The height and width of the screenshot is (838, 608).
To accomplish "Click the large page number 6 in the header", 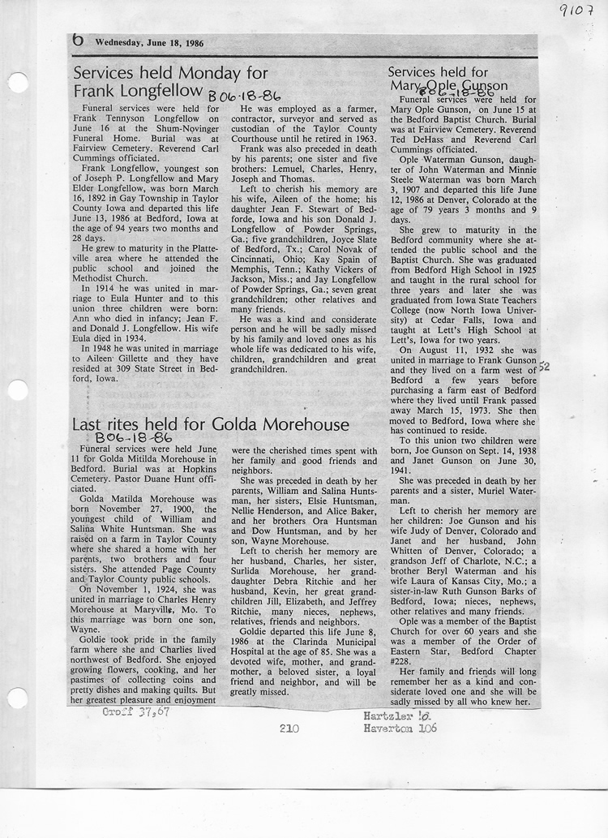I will (79, 40).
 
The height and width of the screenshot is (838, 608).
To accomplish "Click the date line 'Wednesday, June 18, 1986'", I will (149, 43).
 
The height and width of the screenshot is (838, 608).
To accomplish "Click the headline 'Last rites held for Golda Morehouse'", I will (211, 424).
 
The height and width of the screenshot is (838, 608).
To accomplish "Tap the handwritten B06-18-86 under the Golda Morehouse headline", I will (134, 439).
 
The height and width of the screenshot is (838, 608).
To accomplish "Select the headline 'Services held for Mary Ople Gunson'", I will (447, 79).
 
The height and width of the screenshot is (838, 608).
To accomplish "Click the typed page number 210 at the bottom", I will (289, 728).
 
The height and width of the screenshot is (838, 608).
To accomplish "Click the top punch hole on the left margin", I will (17, 83).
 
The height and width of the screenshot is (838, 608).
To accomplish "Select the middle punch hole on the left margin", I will (17, 390).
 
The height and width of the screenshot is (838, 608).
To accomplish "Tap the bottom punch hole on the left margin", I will (17, 698).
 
